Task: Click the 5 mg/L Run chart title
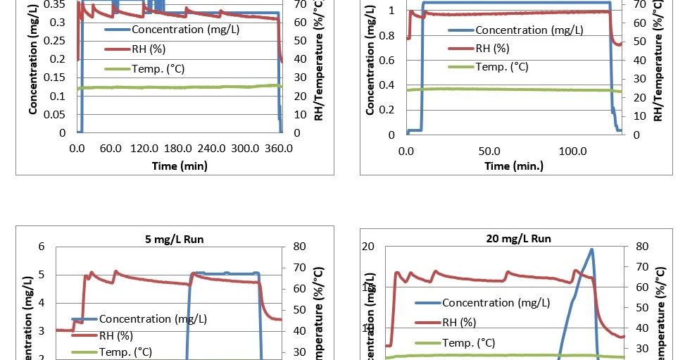point(169,239)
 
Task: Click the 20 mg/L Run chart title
point(518,239)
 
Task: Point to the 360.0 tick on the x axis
point(279,149)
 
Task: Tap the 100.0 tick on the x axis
point(572,151)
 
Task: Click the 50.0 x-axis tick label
point(489,151)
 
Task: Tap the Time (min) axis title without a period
point(179,166)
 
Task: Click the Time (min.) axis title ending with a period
point(513,166)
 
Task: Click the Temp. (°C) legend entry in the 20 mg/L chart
point(468,342)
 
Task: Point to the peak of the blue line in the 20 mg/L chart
point(591,249)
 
